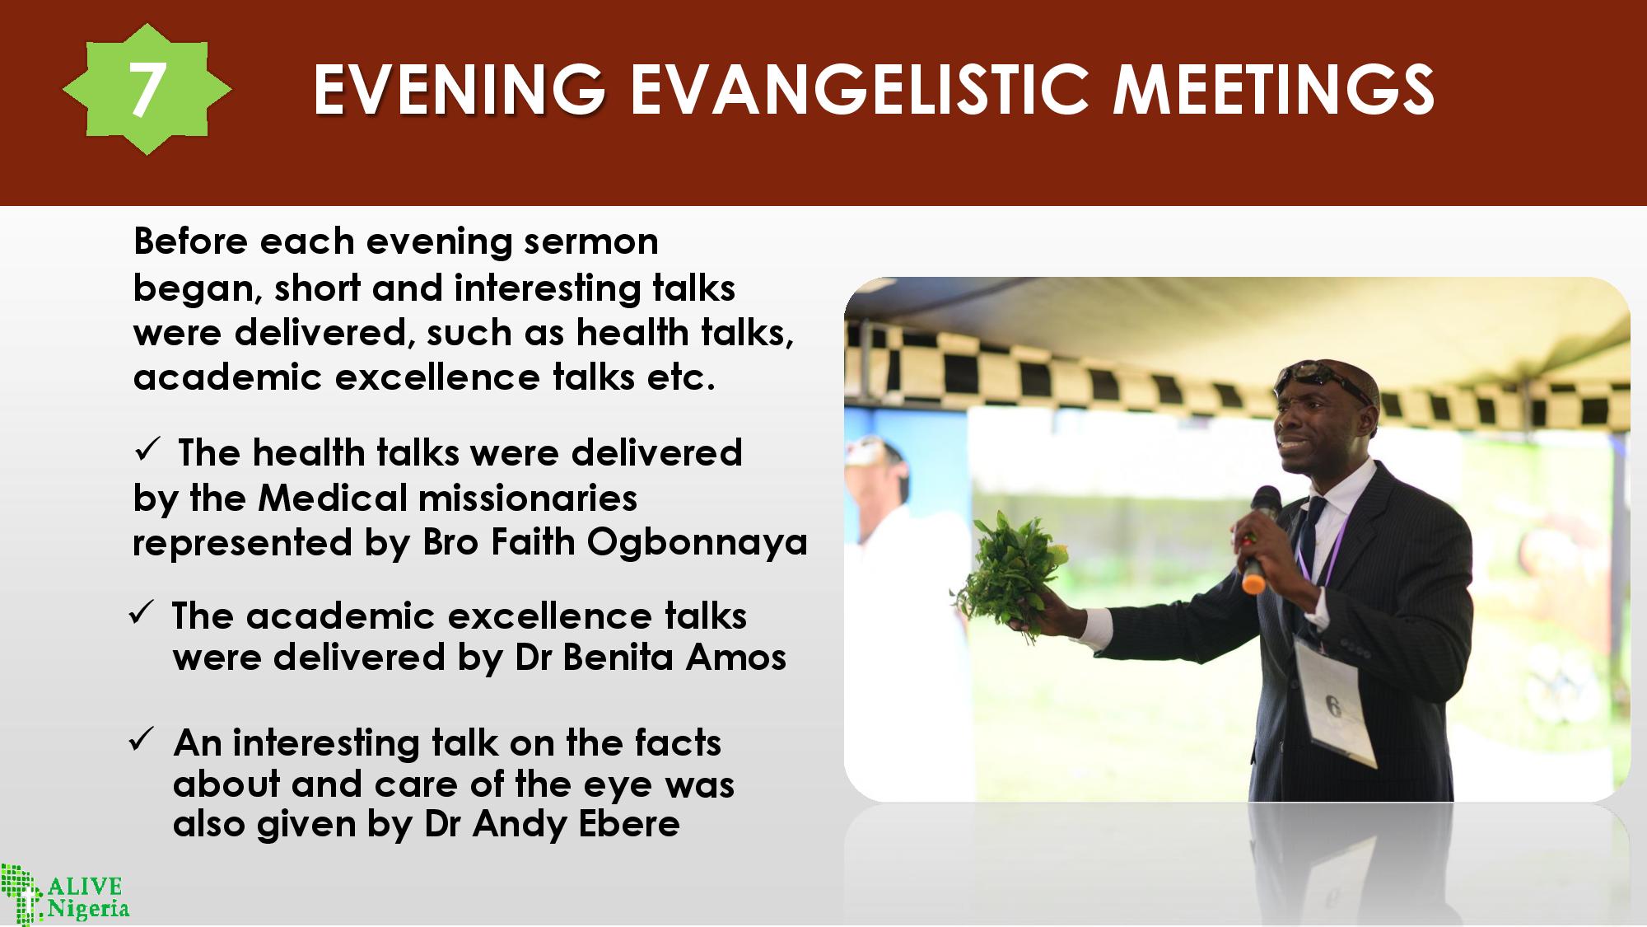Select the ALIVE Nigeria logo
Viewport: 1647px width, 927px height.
click(x=64, y=893)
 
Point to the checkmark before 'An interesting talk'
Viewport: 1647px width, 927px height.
click(x=141, y=739)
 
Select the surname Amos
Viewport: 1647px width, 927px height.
click(x=736, y=658)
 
